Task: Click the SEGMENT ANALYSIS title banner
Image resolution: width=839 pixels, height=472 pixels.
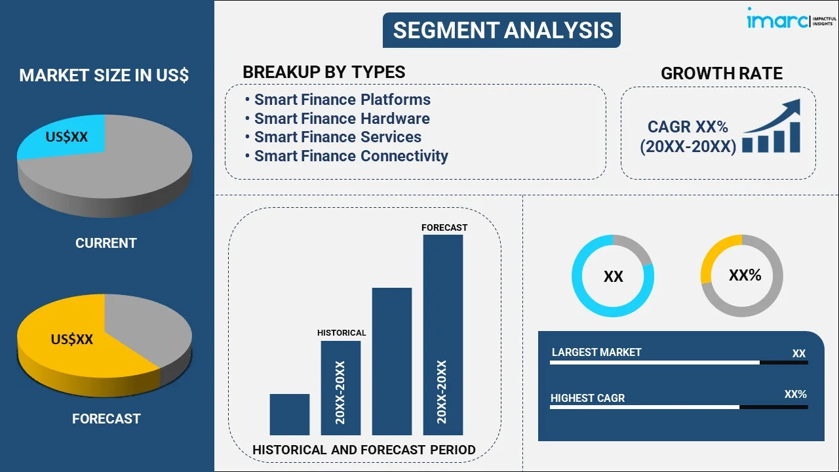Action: [x=502, y=30]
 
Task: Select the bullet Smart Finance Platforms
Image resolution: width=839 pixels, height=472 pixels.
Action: [x=342, y=100]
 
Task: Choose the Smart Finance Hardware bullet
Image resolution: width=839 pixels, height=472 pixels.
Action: [x=341, y=119]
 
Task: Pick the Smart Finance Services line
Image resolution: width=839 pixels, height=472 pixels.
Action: [x=338, y=137]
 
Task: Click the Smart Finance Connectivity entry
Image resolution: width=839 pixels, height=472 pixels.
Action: [x=351, y=156]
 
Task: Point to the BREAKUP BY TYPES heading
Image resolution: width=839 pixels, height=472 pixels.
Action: [x=324, y=72]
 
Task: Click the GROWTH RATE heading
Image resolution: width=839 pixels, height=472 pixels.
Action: [x=721, y=73]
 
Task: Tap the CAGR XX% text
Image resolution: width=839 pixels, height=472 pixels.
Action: [x=688, y=127]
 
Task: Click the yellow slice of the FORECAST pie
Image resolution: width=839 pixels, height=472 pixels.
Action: [x=72, y=344]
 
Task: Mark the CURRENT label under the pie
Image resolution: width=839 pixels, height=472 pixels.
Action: [x=106, y=243]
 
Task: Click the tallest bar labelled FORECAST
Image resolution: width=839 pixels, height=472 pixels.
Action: [x=443, y=334]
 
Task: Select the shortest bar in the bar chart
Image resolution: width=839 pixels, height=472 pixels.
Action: [x=289, y=414]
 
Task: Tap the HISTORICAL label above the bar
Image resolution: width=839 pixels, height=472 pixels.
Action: [x=341, y=333]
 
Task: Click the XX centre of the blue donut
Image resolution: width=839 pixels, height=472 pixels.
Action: [x=613, y=277]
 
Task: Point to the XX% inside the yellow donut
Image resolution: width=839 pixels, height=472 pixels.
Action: [x=745, y=275]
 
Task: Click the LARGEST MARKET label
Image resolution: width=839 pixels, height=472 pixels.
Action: [x=596, y=353]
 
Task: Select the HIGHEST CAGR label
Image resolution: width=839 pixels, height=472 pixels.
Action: [x=587, y=398]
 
